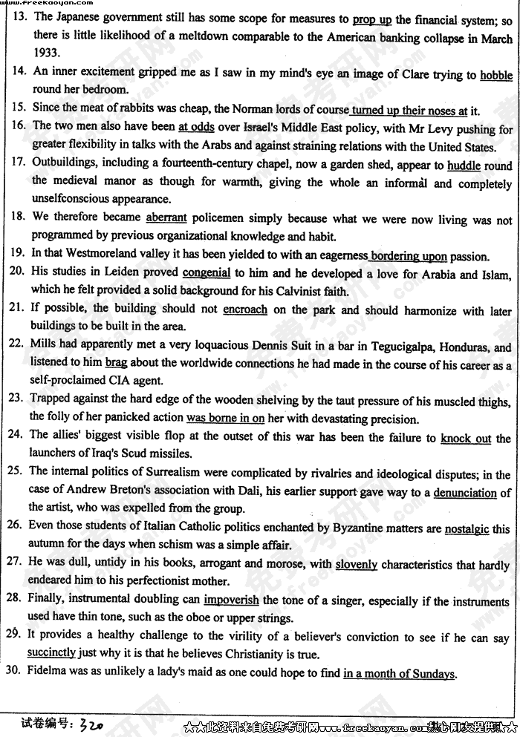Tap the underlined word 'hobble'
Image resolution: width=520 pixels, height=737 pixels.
click(x=495, y=75)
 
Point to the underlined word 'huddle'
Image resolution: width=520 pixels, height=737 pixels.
click(x=464, y=166)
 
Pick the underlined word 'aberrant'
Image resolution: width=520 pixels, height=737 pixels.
click(x=166, y=218)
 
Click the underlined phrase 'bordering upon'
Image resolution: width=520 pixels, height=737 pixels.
click(x=409, y=256)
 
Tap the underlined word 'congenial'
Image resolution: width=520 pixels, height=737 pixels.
click(x=207, y=273)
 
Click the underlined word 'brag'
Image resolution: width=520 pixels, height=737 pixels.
click(x=117, y=364)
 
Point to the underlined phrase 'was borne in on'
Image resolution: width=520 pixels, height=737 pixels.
click(x=225, y=419)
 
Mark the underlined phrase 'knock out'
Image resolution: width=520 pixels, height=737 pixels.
click(x=466, y=439)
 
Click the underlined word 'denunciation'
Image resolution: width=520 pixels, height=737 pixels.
click(x=465, y=493)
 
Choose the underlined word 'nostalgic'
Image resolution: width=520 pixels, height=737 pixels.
click(x=467, y=530)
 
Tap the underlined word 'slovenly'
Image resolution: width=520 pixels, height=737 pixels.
click(x=357, y=565)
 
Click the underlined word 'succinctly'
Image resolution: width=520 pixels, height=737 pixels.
click(x=51, y=654)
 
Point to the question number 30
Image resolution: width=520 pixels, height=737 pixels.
click(x=14, y=673)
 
